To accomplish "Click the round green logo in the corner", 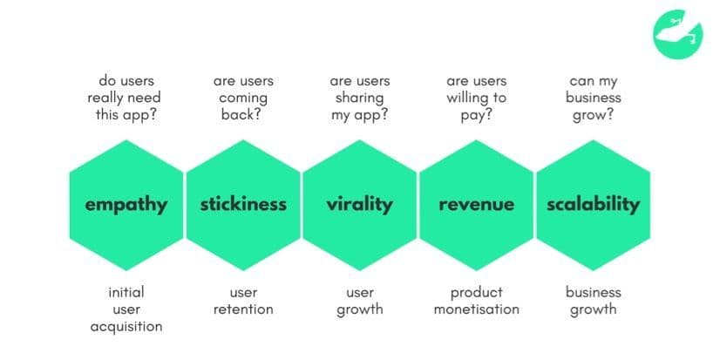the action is click(678, 35).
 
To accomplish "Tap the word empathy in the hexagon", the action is click(126, 205).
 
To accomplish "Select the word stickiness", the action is click(243, 204).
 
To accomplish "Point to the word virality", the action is click(359, 205).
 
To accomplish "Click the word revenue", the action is click(476, 205).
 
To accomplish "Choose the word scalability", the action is click(593, 205).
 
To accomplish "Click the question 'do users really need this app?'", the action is click(124, 98).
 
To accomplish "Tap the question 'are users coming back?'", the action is click(243, 98).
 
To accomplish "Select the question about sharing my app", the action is click(359, 98).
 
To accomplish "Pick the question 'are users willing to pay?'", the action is click(476, 98).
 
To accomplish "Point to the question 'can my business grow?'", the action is click(593, 98).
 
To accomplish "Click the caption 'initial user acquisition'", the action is click(126, 309).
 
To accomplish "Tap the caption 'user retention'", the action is click(243, 301).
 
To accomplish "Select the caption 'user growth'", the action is click(359, 302).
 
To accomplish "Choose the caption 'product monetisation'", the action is click(476, 301).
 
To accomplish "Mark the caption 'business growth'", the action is click(593, 302).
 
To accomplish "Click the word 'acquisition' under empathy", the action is click(126, 327).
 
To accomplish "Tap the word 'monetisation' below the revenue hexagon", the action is click(476, 309).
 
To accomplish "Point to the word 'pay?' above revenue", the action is click(476, 115).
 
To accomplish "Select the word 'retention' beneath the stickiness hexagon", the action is click(243, 309).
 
